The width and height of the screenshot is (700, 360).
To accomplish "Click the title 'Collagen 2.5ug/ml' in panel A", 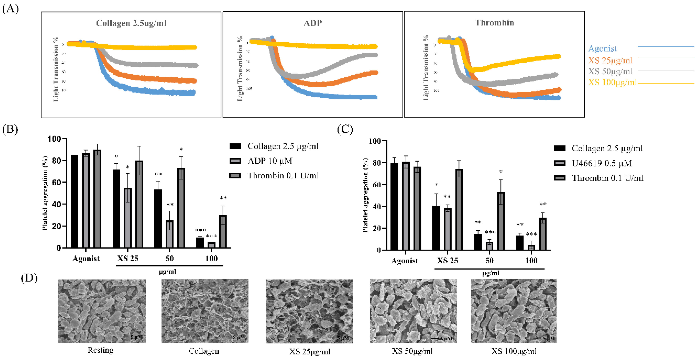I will click(x=131, y=23).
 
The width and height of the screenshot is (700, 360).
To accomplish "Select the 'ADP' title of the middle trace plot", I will click(x=313, y=23).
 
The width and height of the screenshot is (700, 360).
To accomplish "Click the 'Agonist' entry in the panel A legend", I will click(x=602, y=49).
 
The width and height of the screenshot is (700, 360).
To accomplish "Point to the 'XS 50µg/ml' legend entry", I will click(x=610, y=71).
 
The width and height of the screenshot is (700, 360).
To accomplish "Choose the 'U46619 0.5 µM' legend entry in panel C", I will click(x=602, y=163).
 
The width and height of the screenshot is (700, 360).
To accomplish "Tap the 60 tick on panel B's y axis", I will click(x=56, y=182).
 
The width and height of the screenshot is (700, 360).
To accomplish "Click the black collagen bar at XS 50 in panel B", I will click(x=158, y=218).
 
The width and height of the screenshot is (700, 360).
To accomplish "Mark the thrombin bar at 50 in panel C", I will click(x=501, y=221).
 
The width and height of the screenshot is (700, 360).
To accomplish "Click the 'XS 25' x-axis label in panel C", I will click(x=448, y=261).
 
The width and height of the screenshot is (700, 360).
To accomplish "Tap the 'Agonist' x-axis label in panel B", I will click(x=86, y=258).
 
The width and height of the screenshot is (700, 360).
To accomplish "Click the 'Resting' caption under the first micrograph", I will click(x=100, y=350).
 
